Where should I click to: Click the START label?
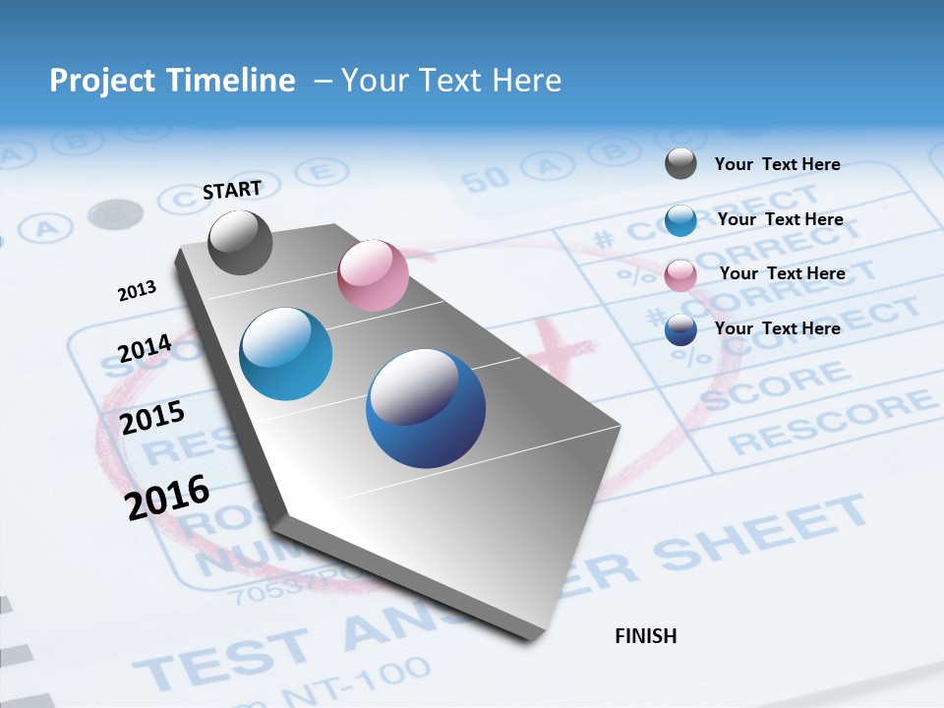pos(232,190)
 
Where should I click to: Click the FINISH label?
pos(645,636)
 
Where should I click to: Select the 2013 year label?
pos(137,291)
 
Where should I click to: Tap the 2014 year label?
pos(145,349)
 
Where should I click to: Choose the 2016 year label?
pos(167,498)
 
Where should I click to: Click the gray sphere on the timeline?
pos(240,242)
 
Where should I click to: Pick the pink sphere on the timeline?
pos(373,275)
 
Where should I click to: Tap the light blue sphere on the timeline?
pos(285,354)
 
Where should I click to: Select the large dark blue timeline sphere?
pos(426,408)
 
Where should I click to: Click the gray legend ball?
pos(680,164)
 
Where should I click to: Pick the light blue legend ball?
pos(680,220)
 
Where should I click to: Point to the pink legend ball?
pos(680,275)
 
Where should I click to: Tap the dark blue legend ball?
pos(680,329)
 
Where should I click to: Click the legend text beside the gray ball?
pos(777,164)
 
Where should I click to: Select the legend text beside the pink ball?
pos(782,273)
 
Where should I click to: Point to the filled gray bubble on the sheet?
pos(115,213)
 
